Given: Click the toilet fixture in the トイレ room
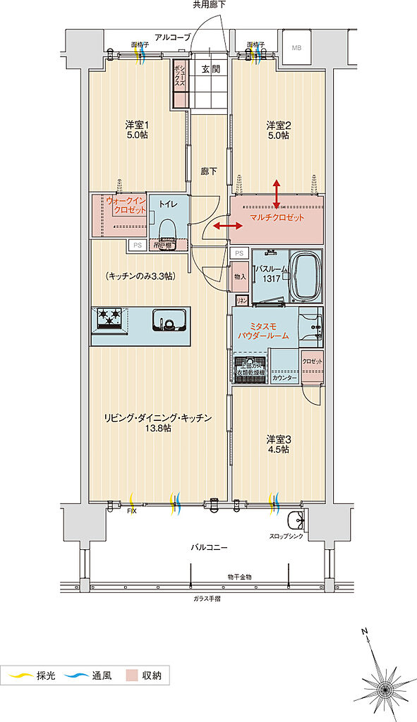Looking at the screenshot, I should tap(167, 232).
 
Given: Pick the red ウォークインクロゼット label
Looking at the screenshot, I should tap(127, 206).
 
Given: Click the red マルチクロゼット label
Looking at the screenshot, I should tap(277, 217).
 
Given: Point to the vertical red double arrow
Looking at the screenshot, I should tap(276, 191).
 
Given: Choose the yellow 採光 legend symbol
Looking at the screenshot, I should tap(20, 677).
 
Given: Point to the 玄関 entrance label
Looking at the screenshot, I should tap(210, 69).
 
